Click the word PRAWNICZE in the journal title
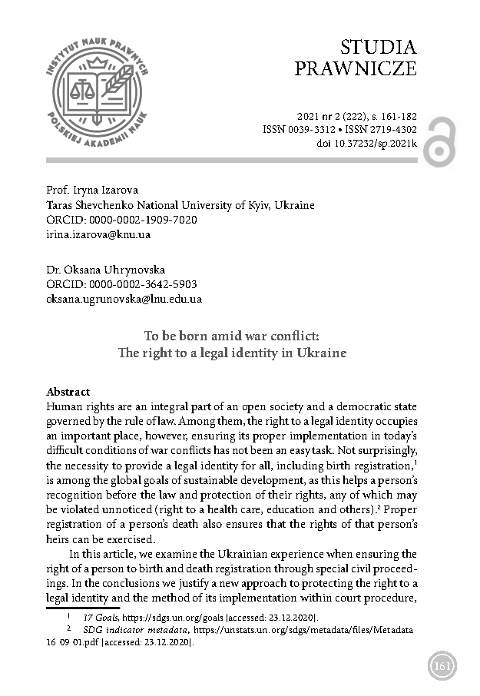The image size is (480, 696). [356, 68]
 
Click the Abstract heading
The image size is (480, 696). [68, 391]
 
